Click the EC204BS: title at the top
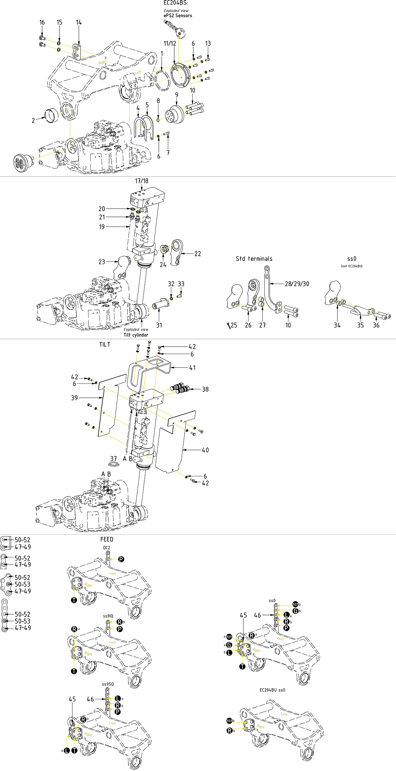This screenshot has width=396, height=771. (x=176, y=3)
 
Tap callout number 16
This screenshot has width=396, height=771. (x=42, y=22)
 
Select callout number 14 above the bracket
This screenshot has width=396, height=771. (x=78, y=22)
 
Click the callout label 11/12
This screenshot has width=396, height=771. (x=170, y=43)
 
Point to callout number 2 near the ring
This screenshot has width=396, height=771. (x=33, y=120)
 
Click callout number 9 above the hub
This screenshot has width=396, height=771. (x=176, y=95)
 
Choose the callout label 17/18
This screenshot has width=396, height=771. (x=141, y=181)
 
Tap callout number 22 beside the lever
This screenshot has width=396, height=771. (x=198, y=254)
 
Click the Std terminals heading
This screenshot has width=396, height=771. (x=254, y=259)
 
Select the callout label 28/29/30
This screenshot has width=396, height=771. (x=297, y=284)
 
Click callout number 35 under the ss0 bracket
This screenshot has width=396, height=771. (x=360, y=325)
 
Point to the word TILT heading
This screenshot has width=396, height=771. (x=105, y=344)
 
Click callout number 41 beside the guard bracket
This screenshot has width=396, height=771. (x=193, y=367)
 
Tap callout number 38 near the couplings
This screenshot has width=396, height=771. (x=205, y=389)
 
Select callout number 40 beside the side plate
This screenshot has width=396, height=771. (x=205, y=450)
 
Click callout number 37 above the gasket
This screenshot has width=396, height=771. (x=114, y=459)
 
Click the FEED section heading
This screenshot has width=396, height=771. (x=107, y=539)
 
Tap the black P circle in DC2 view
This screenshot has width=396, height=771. (x=121, y=559)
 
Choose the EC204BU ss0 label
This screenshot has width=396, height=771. (x=272, y=690)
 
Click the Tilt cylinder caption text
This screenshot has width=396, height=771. (x=136, y=335)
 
